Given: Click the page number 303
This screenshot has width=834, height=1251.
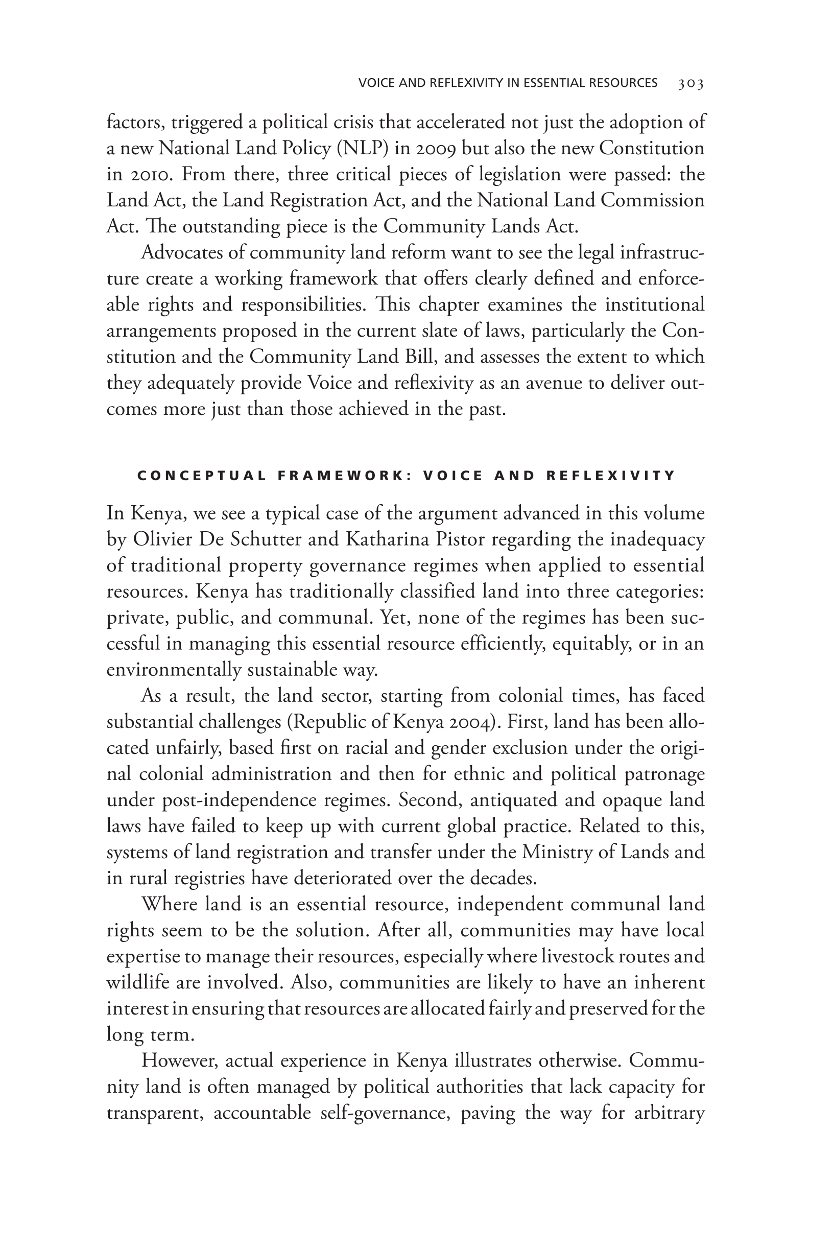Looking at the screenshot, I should click(x=691, y=83).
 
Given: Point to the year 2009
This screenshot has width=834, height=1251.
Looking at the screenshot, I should click(x=430, y=148).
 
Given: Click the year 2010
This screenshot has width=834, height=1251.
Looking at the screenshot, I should click(x=152, y=174).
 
